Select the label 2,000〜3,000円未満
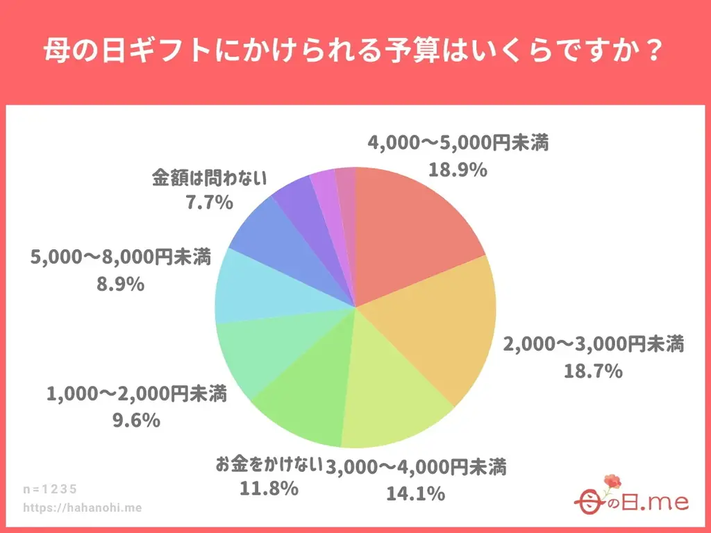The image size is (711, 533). pyautogui.click(x=594, y=344)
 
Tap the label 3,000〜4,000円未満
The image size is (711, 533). pyautogui.click(x=417, y=467)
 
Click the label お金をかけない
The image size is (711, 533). pyautogui.click(x=269, y=464)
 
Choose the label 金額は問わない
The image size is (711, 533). pyautogui.click(x=209, y=178)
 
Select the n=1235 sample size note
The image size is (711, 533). pyautogui.click(x=52, y=489)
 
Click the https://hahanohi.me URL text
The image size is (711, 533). pyautogui.click(x=83, y=507)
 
